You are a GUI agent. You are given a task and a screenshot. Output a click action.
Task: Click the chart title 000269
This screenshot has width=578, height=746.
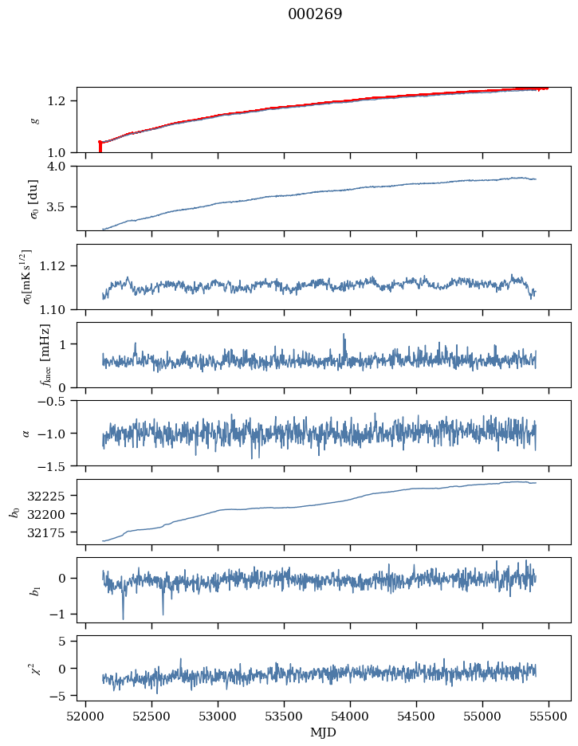tap(315, 14)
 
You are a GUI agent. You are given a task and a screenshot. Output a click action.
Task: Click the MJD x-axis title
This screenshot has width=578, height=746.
tap(324, 732)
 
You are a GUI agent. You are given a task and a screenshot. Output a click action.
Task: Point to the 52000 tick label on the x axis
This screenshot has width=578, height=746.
tap(86, 716)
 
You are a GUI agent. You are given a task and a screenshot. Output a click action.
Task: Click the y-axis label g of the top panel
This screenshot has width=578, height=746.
tap(33, 120)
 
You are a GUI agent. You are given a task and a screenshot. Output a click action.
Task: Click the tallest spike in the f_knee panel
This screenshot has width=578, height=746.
tap(344, 335)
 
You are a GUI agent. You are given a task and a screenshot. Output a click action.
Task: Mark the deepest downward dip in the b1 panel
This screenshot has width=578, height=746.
tap(123, 618)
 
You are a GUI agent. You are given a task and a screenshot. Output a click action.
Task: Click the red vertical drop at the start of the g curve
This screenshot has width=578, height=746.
tap(100, 147)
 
